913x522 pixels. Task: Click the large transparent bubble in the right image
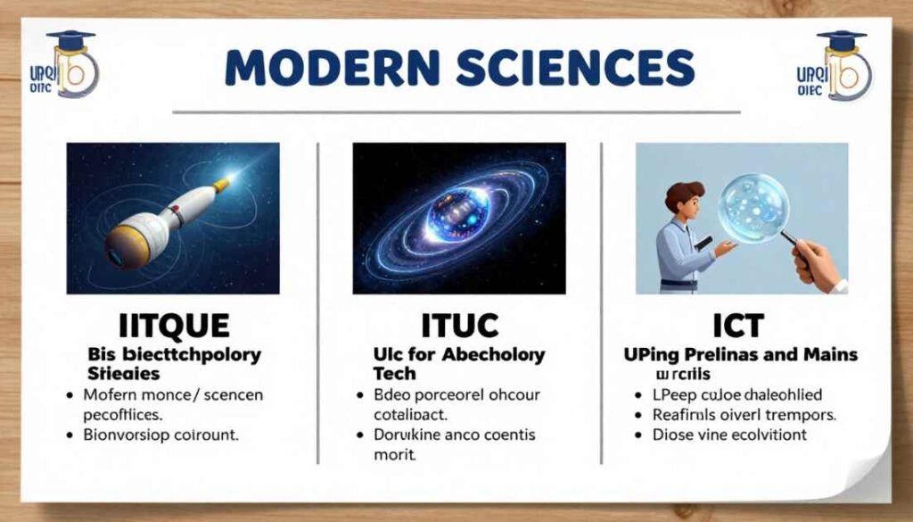(753, 207)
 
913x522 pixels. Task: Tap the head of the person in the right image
(684, 199)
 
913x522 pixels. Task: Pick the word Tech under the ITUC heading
(394, 373)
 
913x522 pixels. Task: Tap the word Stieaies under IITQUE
(124, 372)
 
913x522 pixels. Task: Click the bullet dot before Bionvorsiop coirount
(69, 435)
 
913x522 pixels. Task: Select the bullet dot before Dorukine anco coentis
(358, 435)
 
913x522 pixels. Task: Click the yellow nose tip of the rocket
(223, 183)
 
